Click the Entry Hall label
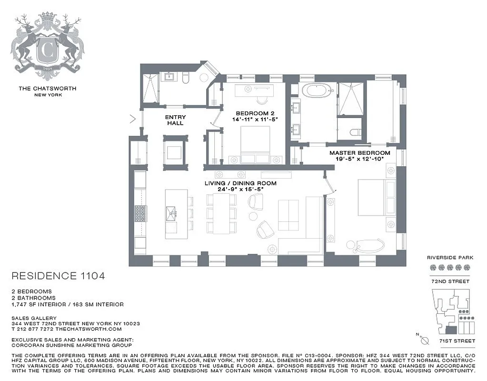[x=175, y=120]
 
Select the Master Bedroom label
[x=360, y=153]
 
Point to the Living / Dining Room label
[x=240, y=183]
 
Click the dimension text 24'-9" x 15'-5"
[x=240, y=189]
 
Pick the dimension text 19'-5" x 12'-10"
[x=360, y=160]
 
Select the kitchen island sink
[x=171, y=211]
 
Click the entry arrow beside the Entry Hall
[x=133, y=119]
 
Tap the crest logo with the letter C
[x=47, y=48]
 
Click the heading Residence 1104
[x=57, y=276]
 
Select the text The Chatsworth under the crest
[x=47, y=88]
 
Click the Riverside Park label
[x=450, y=258]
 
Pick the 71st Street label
[x=456, y=341]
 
